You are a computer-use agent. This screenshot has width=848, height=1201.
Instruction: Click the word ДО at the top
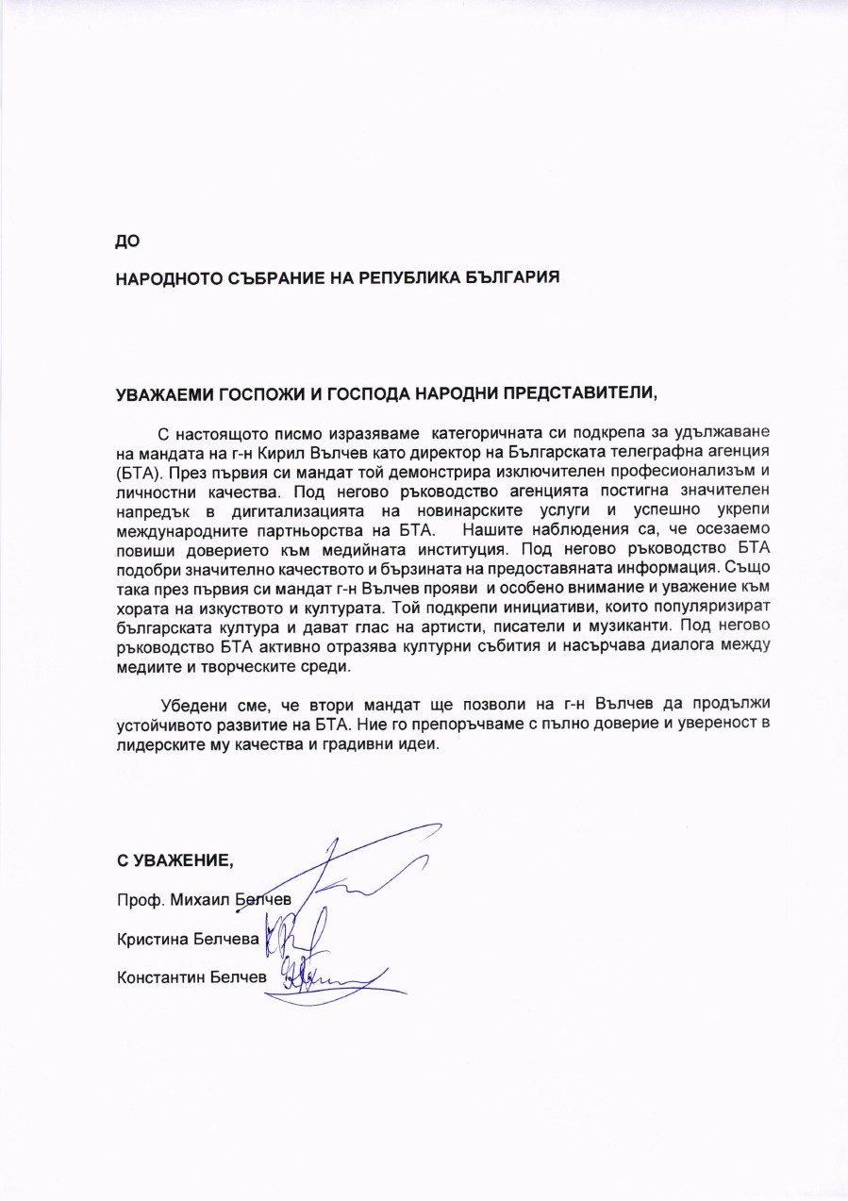(127, 241)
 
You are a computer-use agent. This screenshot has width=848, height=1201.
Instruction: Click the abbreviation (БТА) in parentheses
(136, 469)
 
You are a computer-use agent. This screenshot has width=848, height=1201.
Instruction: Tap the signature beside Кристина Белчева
(292, 934)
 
